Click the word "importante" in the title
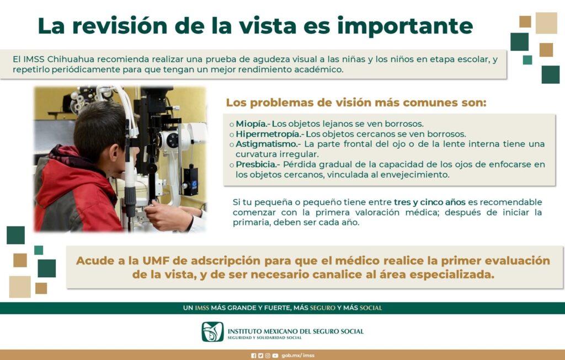tap(404, 26)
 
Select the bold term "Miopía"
tap(251, 124)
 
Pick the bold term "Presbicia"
tap(256, 164)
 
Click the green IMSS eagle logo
tap(212, 331)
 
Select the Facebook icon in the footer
tap(254, 356)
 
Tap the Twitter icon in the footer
tap(260, 356)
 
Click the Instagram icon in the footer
tap(268, 356)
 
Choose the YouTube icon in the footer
tap(275, 356)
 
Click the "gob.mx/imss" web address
tap(298, 356)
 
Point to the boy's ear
tap(113, 154)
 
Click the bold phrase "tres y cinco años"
tap(429, 202)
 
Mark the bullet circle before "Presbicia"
tap(232, 165)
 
